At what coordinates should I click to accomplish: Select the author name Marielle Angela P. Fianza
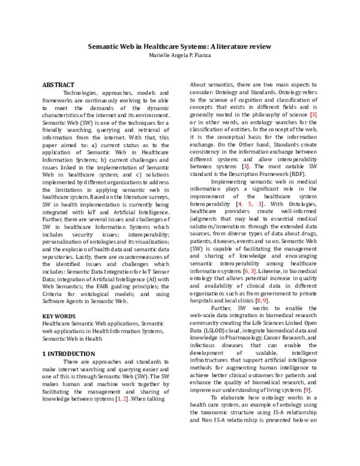point(180,55)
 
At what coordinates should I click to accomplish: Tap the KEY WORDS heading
point(59,316)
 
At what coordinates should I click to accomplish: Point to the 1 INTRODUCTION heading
point(69,354)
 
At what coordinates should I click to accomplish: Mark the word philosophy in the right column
point(258,115)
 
